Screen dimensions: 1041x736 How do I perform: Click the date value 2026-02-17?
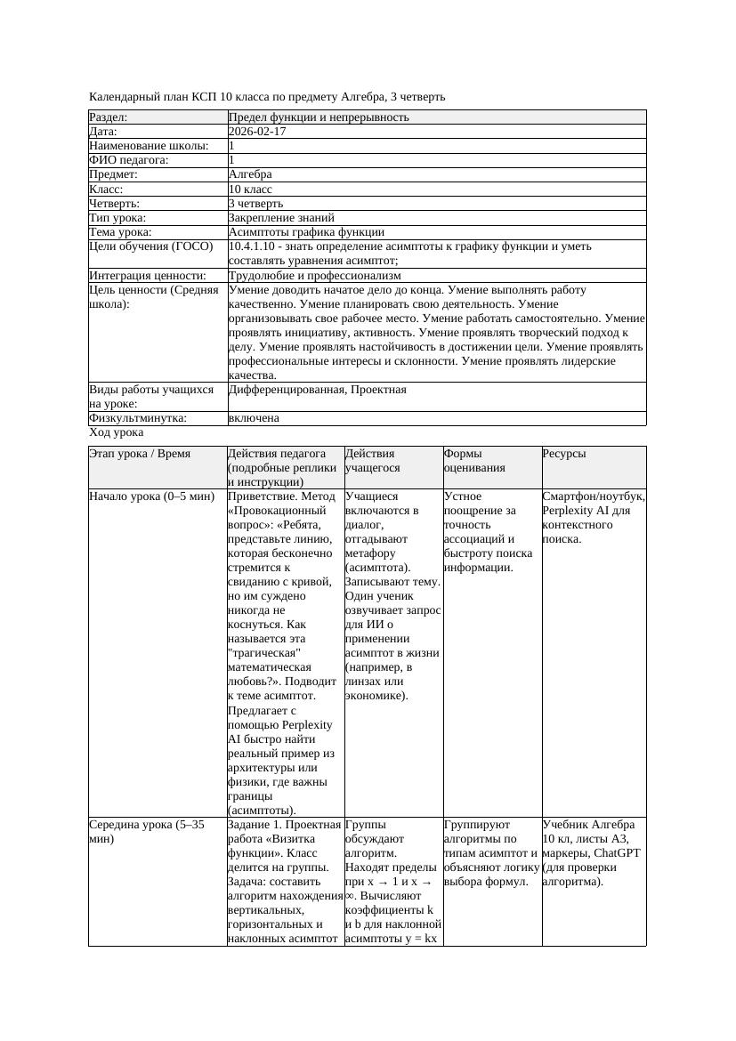click(x=257, y=132)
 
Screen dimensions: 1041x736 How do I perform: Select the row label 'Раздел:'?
click(x=109, y=117)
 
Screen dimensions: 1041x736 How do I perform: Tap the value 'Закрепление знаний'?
click(x=281, y=217)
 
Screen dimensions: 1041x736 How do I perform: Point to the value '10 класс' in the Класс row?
click(x=250, y=189)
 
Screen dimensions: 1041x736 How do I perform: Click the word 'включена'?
click(x=254, y=418)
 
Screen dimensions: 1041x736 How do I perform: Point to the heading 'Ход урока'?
click(x=117, y=432)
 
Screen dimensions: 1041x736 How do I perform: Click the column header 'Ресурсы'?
click(x=564, y=454)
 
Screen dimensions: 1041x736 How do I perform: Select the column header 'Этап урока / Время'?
click(x=140, y=454)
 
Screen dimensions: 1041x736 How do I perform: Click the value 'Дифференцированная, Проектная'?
click(x=317, y=390)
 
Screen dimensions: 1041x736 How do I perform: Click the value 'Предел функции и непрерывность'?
click(x=319, y=117)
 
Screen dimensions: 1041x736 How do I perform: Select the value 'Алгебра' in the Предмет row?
click(x=250, y=174)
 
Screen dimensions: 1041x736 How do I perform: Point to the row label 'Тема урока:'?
click(x=121, y=231)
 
